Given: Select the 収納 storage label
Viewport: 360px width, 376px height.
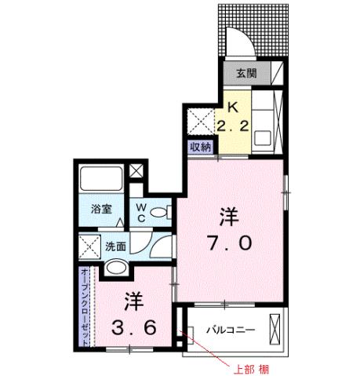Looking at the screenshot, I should coord(200,146).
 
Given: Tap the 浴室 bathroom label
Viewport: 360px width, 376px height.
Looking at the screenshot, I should coord(101,210).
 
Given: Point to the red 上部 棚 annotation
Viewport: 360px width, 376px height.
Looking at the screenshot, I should coord(253,367).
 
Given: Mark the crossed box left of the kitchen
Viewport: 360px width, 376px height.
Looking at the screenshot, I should coord(196,120).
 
